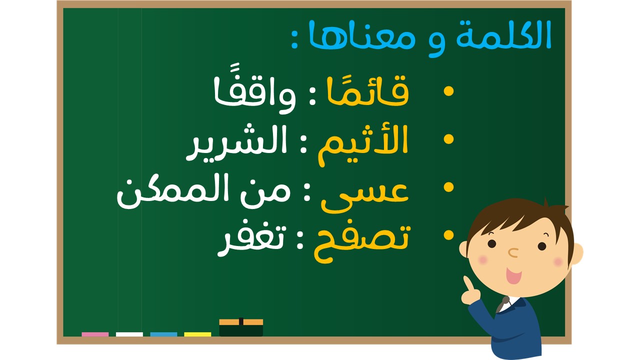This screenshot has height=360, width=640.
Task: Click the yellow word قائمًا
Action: tap(368, 91)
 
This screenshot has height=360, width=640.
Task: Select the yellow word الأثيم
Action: tap(363, 145)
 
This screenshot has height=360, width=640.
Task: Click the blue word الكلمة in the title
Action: tap(503, 35)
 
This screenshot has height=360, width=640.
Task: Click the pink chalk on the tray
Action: tap(95, 334)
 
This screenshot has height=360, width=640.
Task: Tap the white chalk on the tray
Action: tap(129, 334)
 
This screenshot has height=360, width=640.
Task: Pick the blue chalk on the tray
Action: tap(163, 334)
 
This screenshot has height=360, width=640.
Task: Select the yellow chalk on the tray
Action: tap(197, 334)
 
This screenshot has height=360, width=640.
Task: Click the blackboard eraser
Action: tap(241, 327)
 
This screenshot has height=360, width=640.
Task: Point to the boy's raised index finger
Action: tap(467, 283)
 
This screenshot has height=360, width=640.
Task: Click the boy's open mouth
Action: tap(513, 275)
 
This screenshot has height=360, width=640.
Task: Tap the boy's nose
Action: tap(513, 252)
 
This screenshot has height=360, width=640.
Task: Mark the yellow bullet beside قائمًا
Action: tap(449, 91)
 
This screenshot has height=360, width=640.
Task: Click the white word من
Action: tap(265, 193)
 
